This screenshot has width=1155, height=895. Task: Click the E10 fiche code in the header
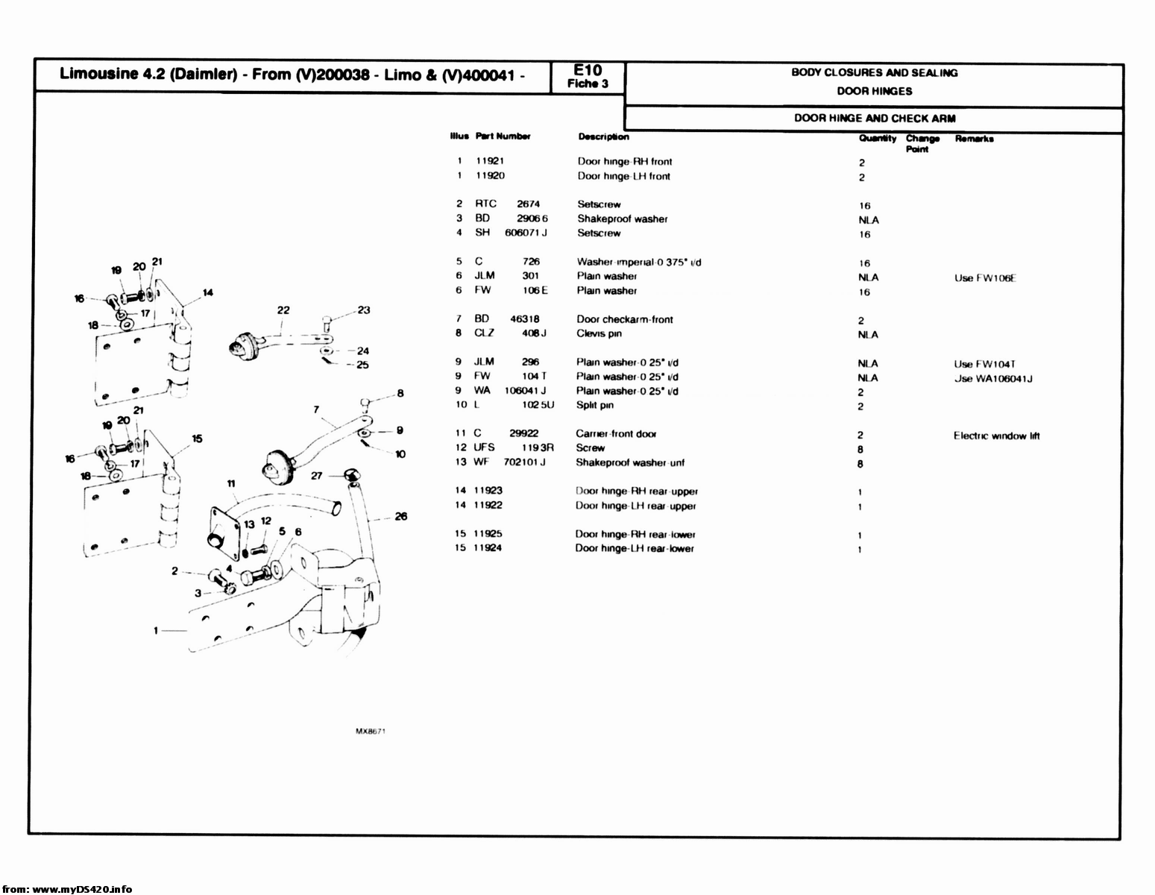[588, 71]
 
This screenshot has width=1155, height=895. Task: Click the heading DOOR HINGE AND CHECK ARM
[874, 118]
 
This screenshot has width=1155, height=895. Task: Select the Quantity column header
[877, 138]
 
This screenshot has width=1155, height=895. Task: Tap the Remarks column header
[974, 139]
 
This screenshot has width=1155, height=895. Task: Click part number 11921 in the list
[490, 161]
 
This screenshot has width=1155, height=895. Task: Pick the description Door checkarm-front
[624, 319]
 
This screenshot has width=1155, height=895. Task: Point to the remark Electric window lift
[996, 436]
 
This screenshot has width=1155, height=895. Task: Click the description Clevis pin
[599, 333]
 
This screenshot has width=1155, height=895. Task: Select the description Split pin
[594, 405]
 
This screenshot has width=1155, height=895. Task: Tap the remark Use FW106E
[985, 278]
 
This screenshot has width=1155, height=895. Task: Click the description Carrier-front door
[615, 433]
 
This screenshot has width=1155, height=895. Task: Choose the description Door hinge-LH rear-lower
[634, 548]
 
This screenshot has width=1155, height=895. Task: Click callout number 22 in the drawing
[283, 310]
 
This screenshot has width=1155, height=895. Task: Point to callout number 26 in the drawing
[401, 516]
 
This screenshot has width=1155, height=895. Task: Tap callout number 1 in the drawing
[156, 630]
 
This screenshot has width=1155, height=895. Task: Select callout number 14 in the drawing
[207, 292]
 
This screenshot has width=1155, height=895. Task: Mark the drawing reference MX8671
[370, 732]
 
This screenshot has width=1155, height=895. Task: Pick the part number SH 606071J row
[511, 233]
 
